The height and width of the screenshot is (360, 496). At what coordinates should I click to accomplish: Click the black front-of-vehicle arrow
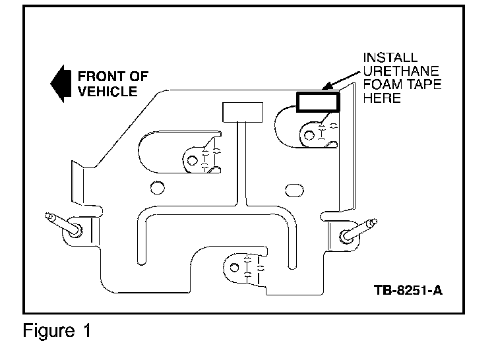(61, 84)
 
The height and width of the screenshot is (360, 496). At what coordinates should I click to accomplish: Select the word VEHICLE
(108, 92)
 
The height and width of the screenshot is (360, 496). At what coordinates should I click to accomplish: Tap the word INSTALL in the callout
(390, 57)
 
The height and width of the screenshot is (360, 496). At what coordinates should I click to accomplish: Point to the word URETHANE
(401, 71)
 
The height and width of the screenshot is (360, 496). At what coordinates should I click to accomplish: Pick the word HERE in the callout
(382, 98)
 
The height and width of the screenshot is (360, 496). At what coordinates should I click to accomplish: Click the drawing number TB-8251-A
(408, 289)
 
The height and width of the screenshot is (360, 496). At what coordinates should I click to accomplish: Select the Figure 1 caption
(57, 331)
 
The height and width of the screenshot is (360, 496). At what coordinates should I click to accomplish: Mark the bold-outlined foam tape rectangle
(318, 102)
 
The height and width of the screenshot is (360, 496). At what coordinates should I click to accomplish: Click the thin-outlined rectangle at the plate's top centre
(243, 112)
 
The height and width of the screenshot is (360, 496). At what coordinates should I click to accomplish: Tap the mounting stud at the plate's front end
(64, 226)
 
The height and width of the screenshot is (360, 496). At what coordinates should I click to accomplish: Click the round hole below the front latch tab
(157, 188)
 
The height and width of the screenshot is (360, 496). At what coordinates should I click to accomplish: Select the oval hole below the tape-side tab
(294, 190)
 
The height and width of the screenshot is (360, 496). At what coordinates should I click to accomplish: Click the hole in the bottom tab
(234, 268)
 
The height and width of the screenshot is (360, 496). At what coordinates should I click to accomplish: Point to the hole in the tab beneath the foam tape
(309, 135)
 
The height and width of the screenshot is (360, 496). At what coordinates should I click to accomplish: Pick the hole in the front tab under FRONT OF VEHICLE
(193, 160)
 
